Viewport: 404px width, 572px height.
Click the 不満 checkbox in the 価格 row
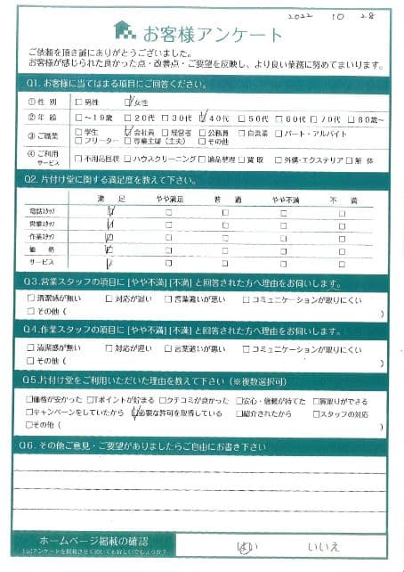342,251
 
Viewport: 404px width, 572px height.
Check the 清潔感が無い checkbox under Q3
32,299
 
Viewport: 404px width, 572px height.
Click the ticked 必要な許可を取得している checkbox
135,413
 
